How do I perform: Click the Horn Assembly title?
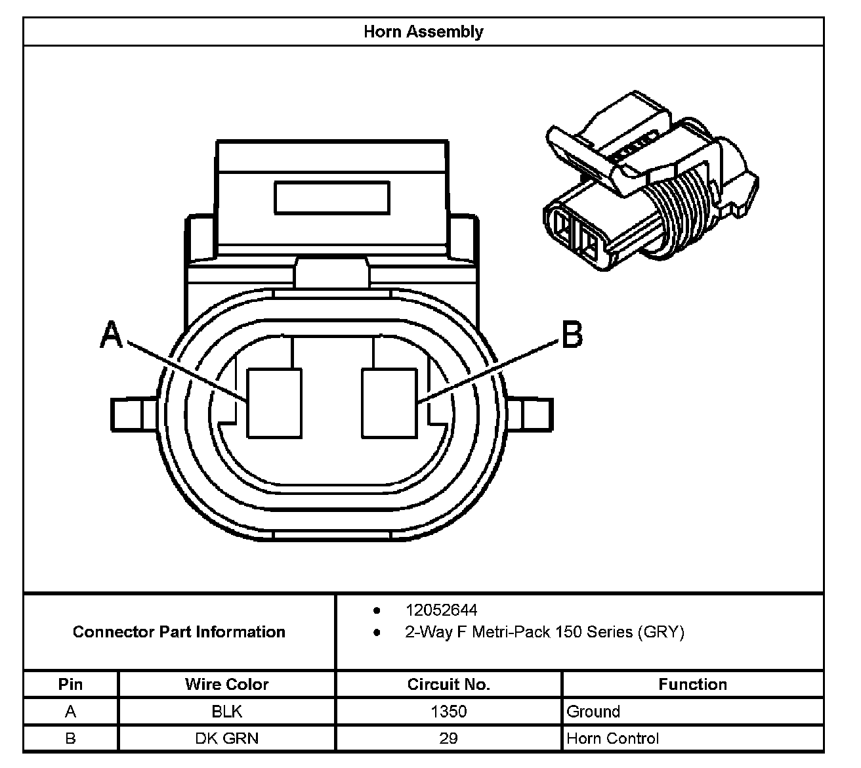click(x=423, y=32)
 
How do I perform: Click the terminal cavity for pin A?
click(x=274, y=403)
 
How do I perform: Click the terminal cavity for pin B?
click(x=389, y=403)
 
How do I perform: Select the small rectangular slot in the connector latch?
click(x=331, y=198)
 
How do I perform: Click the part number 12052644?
click(x=441, y=610)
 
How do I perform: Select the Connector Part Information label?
click(x=178, y=631)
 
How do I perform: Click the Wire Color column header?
click(x=226, y=684)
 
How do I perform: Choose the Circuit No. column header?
click(x=448, y=684)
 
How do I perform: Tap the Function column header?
click(x=692, y=684)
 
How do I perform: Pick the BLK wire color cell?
click(x=226, y=712)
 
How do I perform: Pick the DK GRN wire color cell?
click(x=226, y=738)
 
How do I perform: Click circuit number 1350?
click(x=448, y=712)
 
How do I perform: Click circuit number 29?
click(x=448, y=738)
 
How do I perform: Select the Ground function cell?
click(x=593, y=712)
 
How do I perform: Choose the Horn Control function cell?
click(x=612, y=738)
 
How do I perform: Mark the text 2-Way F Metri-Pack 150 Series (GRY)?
click(x=544, y=632)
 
